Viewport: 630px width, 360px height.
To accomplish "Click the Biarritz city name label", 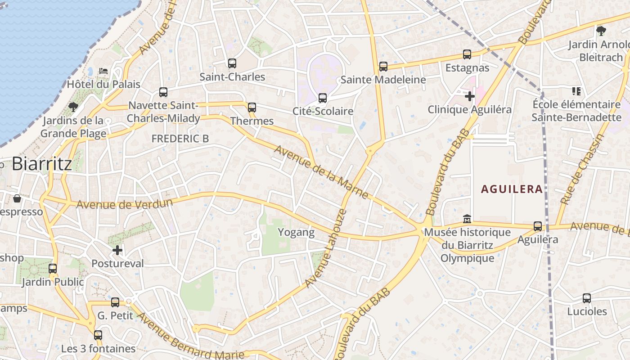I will click(x=42, y=164).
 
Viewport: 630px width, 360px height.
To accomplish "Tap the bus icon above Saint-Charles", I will click(x=232, y=63).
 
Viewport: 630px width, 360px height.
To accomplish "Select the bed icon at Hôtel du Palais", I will click(x=103, y=71).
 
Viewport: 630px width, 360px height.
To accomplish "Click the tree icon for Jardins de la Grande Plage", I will click(x=73, y=107).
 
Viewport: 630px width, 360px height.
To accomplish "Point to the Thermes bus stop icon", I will click(x=252, y=108).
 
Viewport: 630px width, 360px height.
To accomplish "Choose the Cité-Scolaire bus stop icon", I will click(x=323, y=98).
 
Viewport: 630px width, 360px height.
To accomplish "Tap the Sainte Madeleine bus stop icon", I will click(x=383, y=67).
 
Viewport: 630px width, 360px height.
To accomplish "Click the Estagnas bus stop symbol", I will click(x=467, y=54).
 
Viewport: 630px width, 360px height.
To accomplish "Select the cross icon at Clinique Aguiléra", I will click(x=470, y=96).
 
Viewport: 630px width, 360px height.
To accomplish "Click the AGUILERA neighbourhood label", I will click(x=512, y=189).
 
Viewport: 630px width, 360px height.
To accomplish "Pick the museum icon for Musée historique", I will click(x=467, y=219).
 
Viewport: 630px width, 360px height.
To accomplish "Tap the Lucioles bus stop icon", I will click(x=587, y=298).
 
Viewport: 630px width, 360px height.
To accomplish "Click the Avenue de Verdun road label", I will click(x=124, y=204).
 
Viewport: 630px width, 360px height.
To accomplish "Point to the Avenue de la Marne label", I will click(x=322, y=172).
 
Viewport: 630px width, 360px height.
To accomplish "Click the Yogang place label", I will click(x=296, y=232).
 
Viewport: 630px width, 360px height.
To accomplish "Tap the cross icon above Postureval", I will click(x=117, y=250).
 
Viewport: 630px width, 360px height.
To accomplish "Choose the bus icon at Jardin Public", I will click(x=53, y=269).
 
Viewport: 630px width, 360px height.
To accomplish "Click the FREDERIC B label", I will click(x=180, y=139).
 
